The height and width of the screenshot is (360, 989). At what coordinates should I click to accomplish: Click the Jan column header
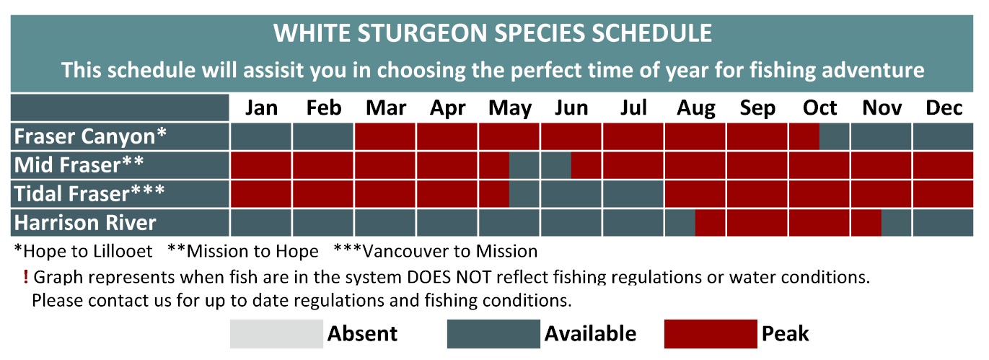[x=261, y=107]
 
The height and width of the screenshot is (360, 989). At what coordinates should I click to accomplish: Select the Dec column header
[x=944, y=107]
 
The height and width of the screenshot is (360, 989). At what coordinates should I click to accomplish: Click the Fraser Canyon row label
[x=90, y=136]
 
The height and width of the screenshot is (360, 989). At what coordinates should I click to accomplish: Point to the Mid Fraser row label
[x=79, y=164]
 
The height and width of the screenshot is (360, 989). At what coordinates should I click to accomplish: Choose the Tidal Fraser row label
[x=89, y=193]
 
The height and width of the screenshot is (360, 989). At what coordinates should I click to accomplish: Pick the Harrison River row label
[x=85, y=223]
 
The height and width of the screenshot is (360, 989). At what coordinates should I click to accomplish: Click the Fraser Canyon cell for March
[x=385, y=136]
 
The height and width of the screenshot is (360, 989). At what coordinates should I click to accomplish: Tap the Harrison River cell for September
[x=757, y=223]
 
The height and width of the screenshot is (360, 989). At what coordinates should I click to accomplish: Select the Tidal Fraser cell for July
[x=633, y=194]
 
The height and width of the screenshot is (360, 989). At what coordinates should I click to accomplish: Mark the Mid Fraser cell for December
[x=943, y=165]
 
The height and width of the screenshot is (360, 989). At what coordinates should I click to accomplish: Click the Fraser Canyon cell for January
[x=261, y=136]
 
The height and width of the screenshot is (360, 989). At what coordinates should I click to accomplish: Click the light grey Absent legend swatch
[x=276, y=334]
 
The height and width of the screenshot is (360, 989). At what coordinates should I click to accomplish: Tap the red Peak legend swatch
[x=711, y=334]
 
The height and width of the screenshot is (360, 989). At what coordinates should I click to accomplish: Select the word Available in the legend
[x=590, y=333]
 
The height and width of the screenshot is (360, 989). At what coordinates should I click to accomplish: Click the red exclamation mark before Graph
[x=25, y=277]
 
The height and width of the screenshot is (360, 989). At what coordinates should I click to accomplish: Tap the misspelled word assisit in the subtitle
[x=272, y=70]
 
